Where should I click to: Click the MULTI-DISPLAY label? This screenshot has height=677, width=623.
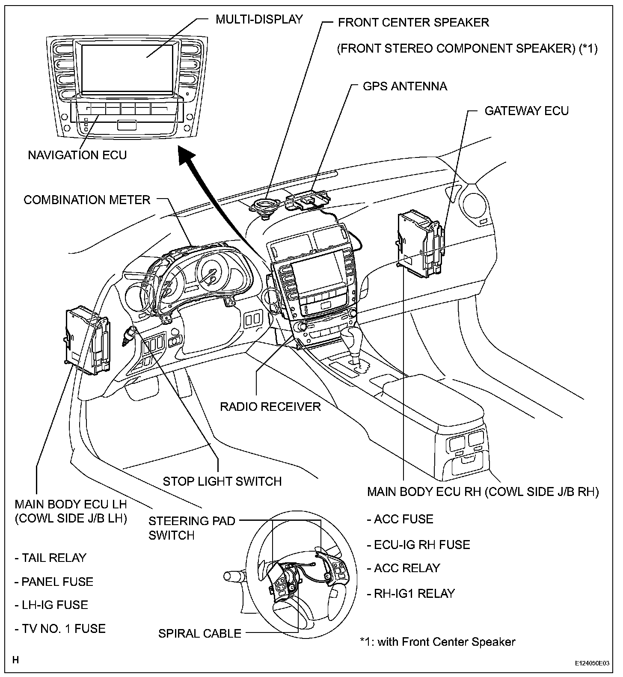coord(259,19)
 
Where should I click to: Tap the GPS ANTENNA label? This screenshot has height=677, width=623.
coord(404,86)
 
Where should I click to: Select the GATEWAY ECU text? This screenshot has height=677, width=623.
coord(526,111)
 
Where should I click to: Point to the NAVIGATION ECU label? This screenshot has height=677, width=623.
coord(77,154)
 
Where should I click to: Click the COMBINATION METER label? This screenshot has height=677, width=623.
coord(87,200)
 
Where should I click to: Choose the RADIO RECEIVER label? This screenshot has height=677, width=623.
coord(270,406)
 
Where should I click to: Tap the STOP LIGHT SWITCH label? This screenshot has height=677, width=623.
coord(222,481)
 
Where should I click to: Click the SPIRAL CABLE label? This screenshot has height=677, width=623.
coord(200,633)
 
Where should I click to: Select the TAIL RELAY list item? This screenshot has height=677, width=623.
coord(50,558)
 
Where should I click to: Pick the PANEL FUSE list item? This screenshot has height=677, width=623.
coord(53,582)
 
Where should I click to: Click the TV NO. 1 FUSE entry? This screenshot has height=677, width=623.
coord(60,629)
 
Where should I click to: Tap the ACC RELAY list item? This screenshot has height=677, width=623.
coord(403,568)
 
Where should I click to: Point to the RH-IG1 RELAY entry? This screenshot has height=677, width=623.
coord(411,593)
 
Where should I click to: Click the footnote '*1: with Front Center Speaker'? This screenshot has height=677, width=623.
coord(437,641)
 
